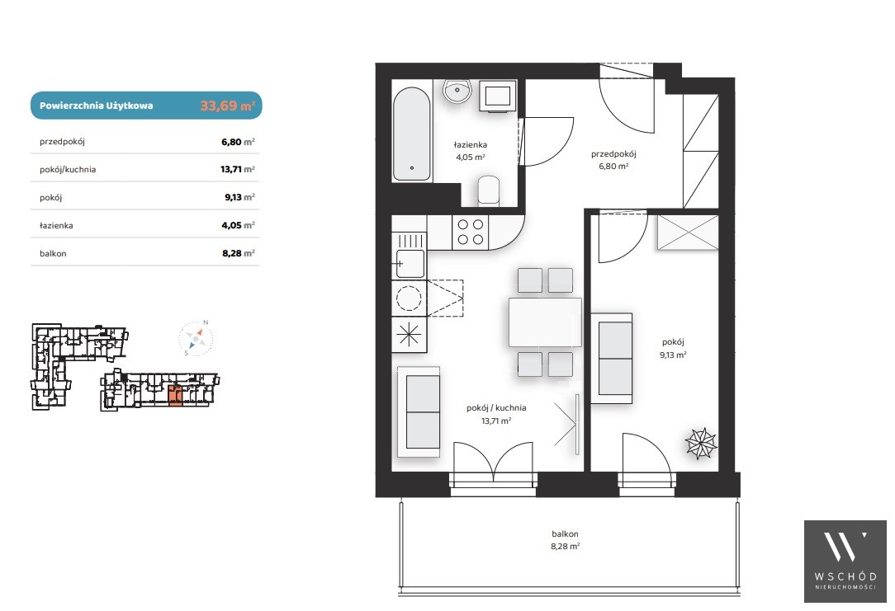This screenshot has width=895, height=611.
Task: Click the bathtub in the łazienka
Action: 411,134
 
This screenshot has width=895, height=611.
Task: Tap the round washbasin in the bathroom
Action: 457,92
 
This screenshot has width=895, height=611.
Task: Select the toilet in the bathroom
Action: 488,190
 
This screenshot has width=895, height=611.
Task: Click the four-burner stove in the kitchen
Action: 471,232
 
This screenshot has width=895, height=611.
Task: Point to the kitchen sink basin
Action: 410,263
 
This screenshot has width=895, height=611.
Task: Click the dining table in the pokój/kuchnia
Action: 545,322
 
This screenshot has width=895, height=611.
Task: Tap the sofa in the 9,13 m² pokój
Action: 612,358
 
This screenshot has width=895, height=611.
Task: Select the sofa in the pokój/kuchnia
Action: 419,411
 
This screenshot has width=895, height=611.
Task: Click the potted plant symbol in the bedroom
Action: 701,443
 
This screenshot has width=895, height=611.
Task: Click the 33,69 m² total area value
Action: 227,106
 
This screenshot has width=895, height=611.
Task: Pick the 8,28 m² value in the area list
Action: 238,253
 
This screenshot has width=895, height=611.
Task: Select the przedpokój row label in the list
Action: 62,141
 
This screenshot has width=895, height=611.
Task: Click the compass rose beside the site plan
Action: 195,339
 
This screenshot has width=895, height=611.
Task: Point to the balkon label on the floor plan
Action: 565,534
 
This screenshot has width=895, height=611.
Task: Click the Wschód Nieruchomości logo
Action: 845,562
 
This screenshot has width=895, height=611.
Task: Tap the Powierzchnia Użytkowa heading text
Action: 97,106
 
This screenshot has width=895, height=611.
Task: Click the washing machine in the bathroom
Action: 498,96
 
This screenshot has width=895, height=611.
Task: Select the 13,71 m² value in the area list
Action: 238,169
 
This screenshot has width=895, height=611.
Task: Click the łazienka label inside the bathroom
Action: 471,145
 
